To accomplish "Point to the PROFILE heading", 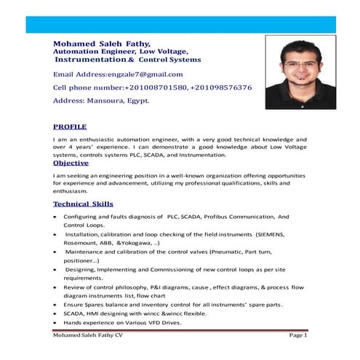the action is tap(70, 126).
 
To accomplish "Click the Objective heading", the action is tap(76, 163).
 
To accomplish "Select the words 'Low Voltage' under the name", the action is tap(162, 52).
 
